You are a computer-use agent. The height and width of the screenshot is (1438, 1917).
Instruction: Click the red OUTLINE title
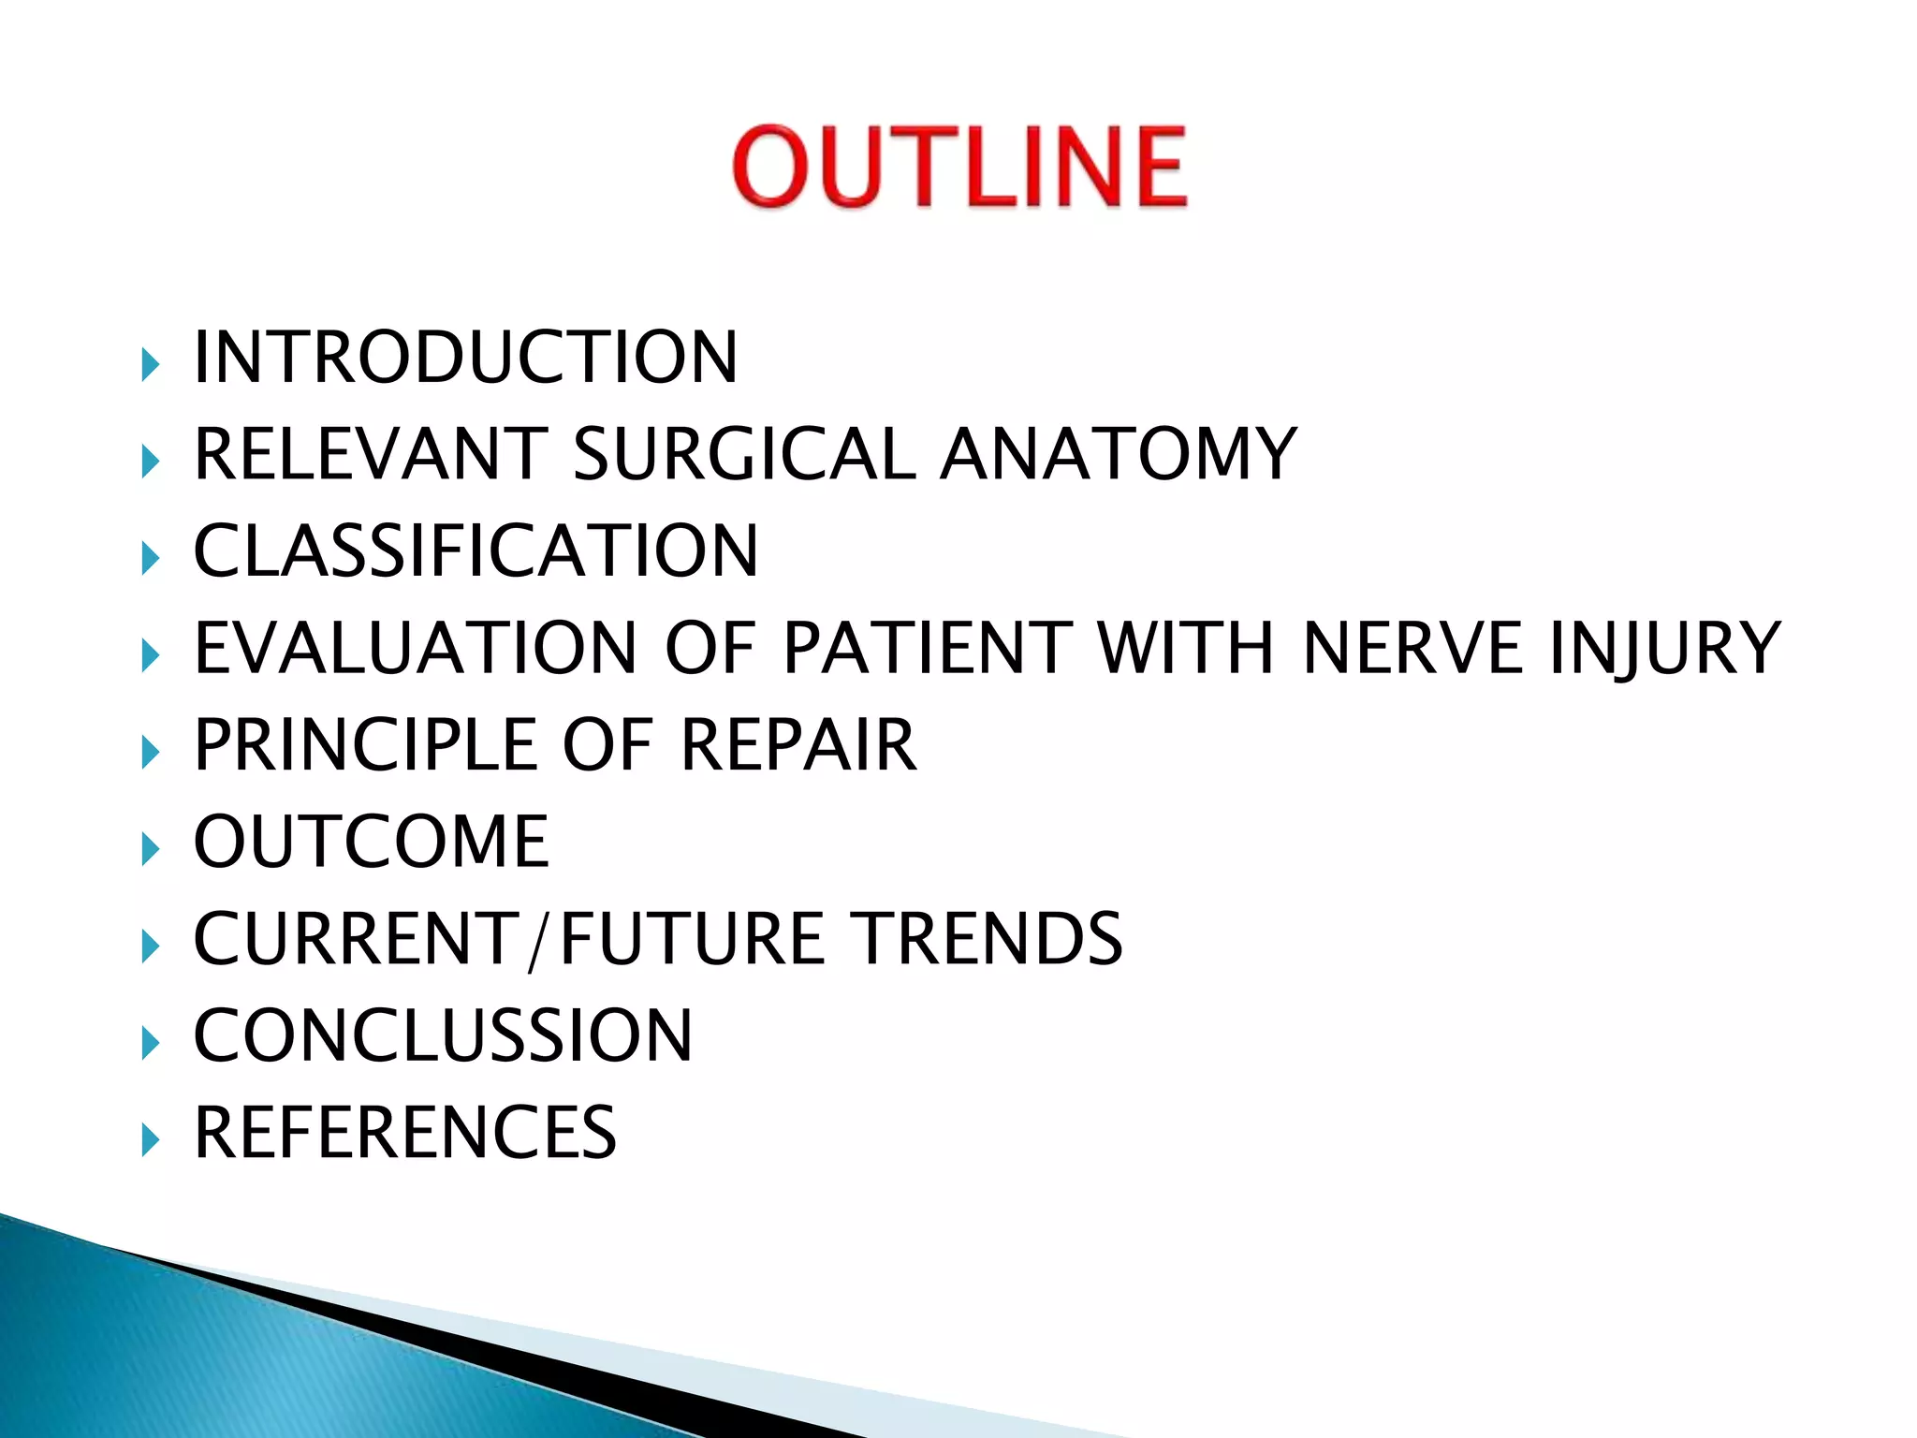(x=959, y=167)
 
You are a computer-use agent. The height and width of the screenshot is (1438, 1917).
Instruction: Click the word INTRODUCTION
(x=465, y=358)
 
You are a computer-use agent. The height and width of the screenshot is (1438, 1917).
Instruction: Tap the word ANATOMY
(x=1119, y=454)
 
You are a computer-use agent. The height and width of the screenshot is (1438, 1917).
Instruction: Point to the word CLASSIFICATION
(x=476, y=551)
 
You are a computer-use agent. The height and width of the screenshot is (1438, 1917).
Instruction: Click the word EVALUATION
(x=416, y=648)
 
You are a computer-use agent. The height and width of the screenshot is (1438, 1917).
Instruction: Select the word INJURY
(x=1664, y=648)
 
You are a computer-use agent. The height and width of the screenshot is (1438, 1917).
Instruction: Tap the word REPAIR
(x=798, y=745)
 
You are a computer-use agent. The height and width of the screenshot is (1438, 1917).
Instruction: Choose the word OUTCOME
(x=371, y=842)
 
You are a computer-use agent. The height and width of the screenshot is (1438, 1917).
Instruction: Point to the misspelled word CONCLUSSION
(x=443, y=1035)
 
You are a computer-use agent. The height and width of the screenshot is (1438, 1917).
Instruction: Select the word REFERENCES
(x=404, y=1133)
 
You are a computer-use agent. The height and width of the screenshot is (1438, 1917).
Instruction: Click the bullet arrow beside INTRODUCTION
(x=150, y=363)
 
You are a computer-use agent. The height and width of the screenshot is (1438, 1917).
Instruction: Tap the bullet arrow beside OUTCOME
(x=150, y=848)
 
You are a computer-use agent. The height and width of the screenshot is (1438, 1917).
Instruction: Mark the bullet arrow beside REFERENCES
(x=150, y=1139)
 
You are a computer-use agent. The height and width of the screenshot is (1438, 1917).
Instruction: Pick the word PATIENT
(x=927, y=648)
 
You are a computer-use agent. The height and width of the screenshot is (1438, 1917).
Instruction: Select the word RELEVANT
(x=370, y=454)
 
